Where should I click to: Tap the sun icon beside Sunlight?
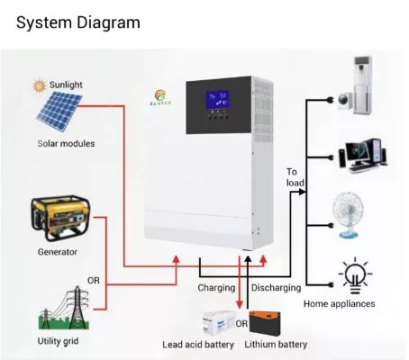point(39,86)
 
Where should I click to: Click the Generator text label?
point(58,252)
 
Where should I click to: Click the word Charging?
point(216,289)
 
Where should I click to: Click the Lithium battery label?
point(277,345)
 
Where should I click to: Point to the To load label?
point(295,177)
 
